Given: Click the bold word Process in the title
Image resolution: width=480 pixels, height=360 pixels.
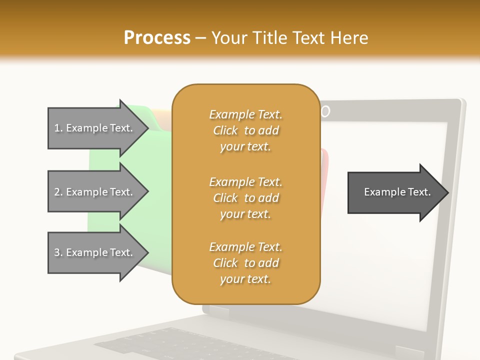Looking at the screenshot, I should point(157,38).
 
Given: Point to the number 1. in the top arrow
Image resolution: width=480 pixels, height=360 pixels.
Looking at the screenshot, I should point(58,128).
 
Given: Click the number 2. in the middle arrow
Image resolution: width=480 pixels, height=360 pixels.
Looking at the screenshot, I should point(58,192).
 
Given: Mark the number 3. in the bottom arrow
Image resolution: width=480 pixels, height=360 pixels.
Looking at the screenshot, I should point(58,252).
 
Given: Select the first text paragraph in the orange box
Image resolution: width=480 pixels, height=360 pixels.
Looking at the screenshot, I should point(245,130).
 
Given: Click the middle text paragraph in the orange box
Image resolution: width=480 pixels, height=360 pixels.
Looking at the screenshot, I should point(245,198).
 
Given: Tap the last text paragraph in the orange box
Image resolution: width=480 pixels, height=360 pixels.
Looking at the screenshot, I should point(245,263).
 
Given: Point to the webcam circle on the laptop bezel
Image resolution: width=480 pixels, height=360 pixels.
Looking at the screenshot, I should point(325,111).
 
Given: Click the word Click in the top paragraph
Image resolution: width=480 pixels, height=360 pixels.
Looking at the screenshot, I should point(225,130).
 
